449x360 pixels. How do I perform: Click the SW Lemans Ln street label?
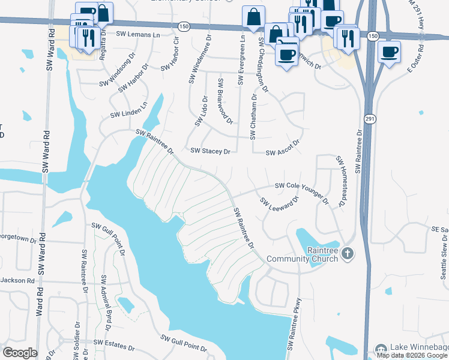[x=139, y=35]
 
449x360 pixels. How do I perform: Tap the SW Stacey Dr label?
[x=210, y=152]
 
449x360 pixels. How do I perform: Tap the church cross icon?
[x=348, y=254]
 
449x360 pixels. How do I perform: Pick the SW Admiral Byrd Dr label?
[x=106, y=303]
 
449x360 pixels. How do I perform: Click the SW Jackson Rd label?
[x=17, y=280]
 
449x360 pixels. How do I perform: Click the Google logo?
[x=20, y=353]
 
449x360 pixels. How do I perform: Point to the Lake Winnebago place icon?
[x=381, y=349]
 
